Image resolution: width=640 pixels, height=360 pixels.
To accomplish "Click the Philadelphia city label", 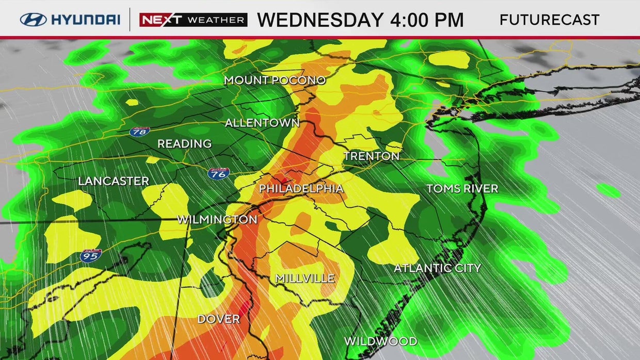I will coord(301,189).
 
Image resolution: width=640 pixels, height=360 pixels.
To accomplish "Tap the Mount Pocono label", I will coord(275,80).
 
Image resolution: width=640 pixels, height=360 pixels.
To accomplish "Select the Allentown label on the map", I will coord(262,123).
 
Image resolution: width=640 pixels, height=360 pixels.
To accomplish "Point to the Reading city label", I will coord(184,144).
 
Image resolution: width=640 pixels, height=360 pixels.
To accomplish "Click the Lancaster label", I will coord(114,181).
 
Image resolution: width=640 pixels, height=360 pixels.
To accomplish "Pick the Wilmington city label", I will coord(217,220).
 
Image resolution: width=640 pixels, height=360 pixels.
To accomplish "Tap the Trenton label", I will coord(372,156).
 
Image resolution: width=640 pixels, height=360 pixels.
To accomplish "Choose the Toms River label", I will coord(462,189).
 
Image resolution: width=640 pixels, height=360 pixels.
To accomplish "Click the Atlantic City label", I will coord(437,268).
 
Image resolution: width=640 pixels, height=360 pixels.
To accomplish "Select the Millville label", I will coord(305,279).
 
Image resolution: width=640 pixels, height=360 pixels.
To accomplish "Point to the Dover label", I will coord(219,319).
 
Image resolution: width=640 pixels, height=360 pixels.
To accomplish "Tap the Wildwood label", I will coord(380,341).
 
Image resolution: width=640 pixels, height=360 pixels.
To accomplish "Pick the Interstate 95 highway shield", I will coord(91,255).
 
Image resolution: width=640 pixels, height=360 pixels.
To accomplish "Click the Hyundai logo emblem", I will coord(33,20).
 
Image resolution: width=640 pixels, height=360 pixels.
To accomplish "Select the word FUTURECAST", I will coord(549,20).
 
